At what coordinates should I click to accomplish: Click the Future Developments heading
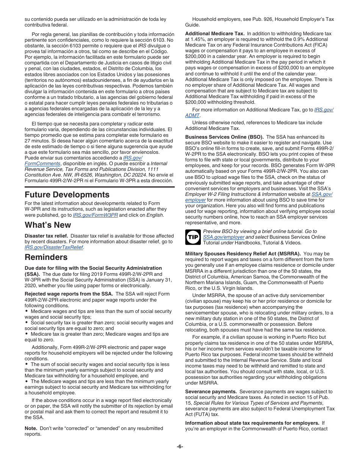tap(67, 195)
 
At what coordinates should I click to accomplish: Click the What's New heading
tap(48, 225)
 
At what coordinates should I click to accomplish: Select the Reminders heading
tap(46, 257)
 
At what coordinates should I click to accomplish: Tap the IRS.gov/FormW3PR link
tap(95, 215)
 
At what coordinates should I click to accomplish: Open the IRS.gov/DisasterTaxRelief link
tap(54, 247)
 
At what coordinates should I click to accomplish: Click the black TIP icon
tap(192, 237)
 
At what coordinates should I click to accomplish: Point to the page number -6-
tap(180, 446)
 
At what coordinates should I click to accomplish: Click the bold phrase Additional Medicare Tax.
tap(214, 34)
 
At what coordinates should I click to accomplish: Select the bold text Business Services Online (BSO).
tap(224, 137)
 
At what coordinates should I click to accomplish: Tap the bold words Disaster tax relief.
tap(46, 236)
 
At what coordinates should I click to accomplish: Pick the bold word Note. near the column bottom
tap(31, 428)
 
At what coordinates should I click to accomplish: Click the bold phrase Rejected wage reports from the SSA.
tap(69, 294)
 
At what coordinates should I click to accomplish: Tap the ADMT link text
tap(192, 115)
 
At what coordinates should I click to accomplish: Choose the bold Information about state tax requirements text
tap(252, 423)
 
